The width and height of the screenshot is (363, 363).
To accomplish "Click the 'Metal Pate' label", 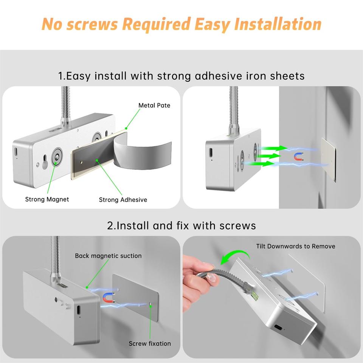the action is (x=154, y=105).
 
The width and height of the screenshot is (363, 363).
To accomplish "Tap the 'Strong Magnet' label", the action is (x=47, y=199).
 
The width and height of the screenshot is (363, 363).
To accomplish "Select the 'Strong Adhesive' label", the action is (x=123, y=200).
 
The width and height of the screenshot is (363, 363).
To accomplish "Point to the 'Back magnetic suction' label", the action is (x=108, y=256).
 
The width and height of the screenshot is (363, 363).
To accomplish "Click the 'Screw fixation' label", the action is (x=150, y=344).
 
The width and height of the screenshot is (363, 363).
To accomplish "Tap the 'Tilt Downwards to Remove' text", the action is (x=296, y=246).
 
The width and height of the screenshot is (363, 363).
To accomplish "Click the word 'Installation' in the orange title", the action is (x=278, y=24).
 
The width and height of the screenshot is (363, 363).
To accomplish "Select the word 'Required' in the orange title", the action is (x=156, y=24).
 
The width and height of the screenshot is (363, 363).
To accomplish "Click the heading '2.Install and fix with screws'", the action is (x=181, y=225).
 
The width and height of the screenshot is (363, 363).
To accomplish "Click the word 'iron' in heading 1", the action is (x=255, y=76).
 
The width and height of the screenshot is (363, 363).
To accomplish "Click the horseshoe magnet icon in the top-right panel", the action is (x=299, y=157).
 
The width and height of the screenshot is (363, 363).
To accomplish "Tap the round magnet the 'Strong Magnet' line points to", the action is (x=56, y=157).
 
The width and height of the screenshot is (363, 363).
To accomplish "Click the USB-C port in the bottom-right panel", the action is (x=278, y=328).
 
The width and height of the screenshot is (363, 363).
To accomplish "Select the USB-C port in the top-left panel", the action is (x=16, y=152).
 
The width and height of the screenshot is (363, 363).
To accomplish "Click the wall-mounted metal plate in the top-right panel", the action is (x=329, y=159).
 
